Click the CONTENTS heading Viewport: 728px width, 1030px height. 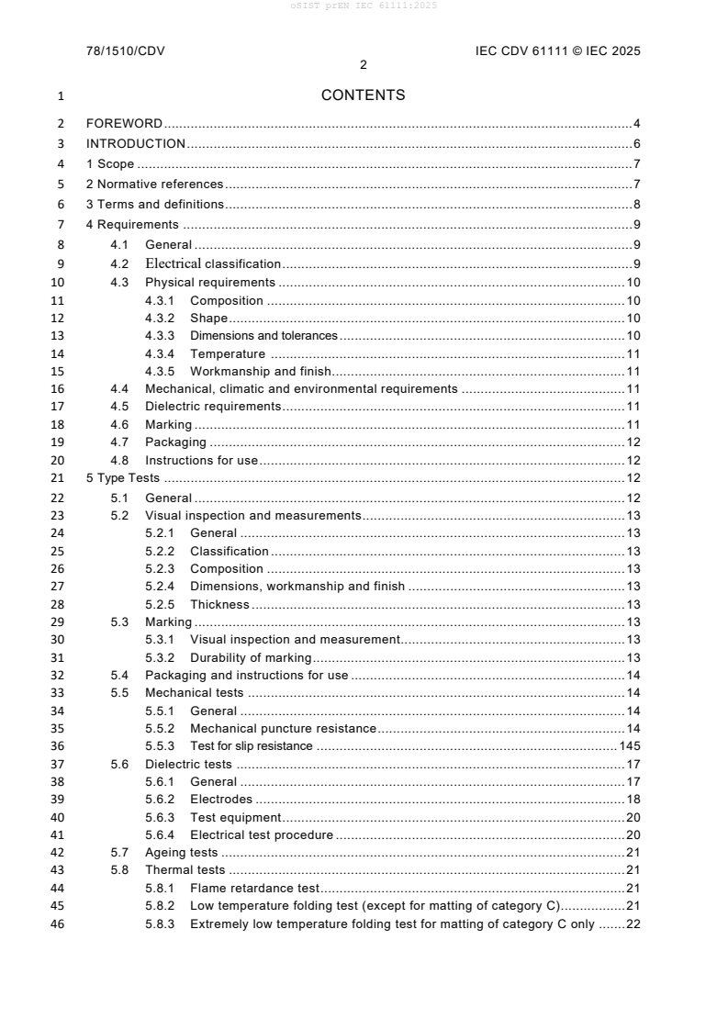click(x=364, y=95)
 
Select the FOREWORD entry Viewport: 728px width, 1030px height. click(x=124, y=123)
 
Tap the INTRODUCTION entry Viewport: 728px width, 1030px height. click(x=136, y=144)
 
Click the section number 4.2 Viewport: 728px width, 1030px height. click(x=119, y=264)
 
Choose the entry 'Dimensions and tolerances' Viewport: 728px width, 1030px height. click(x=263, y=336)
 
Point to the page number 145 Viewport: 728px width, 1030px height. click(x=630, y=746)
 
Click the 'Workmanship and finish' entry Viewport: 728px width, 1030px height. click(x=260, y=372)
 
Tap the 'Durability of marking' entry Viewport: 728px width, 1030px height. click(x=251, y=657)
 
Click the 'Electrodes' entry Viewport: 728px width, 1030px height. click(x=221, y=800)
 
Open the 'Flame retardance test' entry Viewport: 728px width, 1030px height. click(x=254, y=889)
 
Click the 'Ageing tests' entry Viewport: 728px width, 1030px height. click(x=182, y=853)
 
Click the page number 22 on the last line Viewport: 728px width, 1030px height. click(x=633, y=924)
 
